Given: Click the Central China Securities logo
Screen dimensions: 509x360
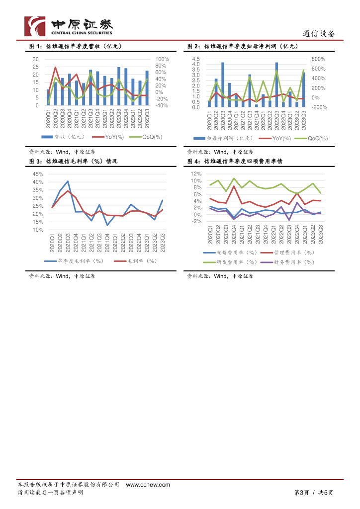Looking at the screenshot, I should pos(69,26).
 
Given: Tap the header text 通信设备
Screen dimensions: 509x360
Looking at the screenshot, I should pos(319,34).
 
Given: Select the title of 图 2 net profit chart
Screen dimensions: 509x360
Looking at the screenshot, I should pos(242,46).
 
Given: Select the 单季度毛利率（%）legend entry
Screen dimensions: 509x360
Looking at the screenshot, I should pos(74,261).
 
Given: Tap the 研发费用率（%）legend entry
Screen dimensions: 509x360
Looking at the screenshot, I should pos(230,261).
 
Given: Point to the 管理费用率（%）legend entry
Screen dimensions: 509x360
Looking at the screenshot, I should pos(287,253).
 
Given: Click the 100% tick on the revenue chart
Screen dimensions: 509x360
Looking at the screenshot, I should pos(163,59).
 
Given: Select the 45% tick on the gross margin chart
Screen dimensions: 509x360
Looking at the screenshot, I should pos(38,174).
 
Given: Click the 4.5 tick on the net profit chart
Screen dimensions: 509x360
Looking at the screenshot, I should pos(196,59).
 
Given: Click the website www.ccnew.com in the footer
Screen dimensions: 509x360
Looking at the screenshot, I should pos(148,485).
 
